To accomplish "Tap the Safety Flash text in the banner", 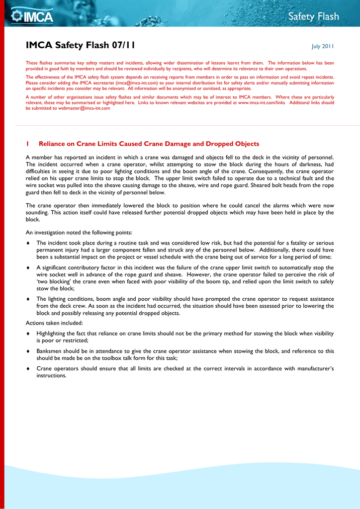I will click(x=313, y=17).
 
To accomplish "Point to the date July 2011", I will click(x=323, y=47).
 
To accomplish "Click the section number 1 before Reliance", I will click(x=27, y=144).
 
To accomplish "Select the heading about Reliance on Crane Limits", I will click(x=149, y=144).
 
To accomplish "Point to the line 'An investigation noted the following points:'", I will click(x=79, y=232).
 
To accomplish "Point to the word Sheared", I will click(x=263, y=185).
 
